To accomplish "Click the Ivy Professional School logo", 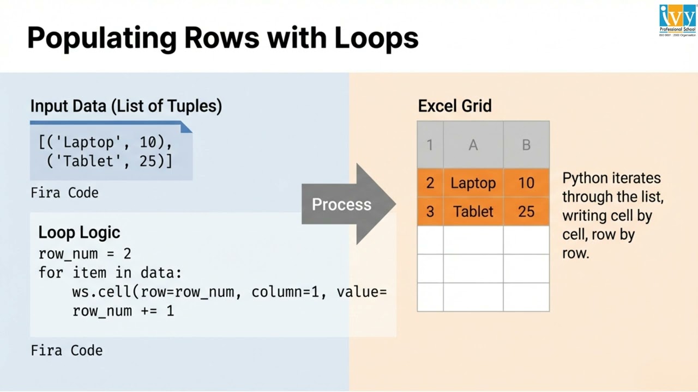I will point(677,20).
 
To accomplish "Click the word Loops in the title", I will point(376,38).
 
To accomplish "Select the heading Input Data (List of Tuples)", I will point(126,106).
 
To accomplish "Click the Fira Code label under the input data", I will point(64,193).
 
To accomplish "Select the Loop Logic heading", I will point(79,232).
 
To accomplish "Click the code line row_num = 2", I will point(85,254).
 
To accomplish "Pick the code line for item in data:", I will point(110,273).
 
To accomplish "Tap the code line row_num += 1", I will point(123,311).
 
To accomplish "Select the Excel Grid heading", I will point(455,106).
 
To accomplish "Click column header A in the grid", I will point(473,145).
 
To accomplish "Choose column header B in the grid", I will point(526,145).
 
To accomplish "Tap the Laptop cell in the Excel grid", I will point(473,183).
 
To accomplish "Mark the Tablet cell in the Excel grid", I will point(473,211).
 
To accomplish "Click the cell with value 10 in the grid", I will point(526,183).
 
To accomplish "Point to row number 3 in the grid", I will point(430,211).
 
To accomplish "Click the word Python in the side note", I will point(584,179).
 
